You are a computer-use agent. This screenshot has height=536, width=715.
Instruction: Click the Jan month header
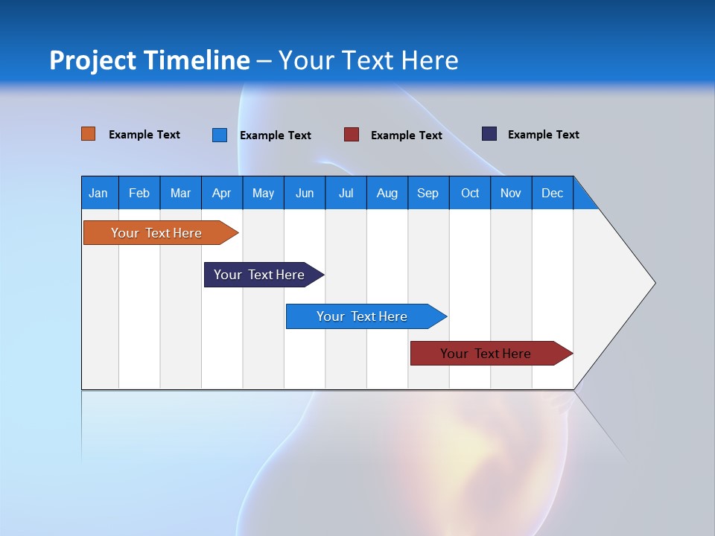[98, 193]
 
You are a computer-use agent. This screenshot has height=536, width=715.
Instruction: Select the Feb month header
[139, 193]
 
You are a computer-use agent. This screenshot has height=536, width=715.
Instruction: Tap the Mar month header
[180, 193]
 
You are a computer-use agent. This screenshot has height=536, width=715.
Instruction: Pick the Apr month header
[221, 193]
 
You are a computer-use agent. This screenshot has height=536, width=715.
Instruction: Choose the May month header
[263, 193]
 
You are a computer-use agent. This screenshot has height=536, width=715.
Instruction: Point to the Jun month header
[305, 193]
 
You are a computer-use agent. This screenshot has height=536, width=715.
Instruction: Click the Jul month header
[346, 193]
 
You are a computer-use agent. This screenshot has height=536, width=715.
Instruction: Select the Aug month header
[387, 193]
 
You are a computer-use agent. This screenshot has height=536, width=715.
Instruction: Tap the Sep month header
[428, 193]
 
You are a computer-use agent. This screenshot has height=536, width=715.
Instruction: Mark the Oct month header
[470, 193]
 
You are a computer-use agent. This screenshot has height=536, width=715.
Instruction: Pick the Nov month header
[511, 193]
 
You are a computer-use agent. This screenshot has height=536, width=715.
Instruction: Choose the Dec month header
[553, 193]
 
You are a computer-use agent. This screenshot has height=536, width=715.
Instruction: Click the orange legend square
[89, 134]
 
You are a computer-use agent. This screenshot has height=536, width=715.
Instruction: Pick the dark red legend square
[352, 135]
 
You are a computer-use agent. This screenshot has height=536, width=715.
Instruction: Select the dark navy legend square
[489, 134]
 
